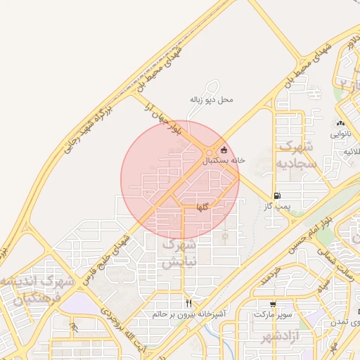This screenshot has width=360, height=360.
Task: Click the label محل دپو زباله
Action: tap(211, 100)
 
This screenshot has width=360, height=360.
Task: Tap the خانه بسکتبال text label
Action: tap(224, 160)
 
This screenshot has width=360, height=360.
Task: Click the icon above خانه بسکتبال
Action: tap(224, 150)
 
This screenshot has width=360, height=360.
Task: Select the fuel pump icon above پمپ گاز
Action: tap(277, 196)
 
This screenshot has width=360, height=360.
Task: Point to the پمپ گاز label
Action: tap(277, 207)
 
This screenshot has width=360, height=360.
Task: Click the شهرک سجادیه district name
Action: tap(299, 155)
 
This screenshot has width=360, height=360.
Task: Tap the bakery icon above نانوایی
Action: tap(340, 122)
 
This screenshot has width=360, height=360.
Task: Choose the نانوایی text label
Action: tap(340, 132)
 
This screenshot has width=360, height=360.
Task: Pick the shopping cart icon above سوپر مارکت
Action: tap(273, 304)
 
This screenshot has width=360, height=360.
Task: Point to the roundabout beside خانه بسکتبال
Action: tap(210, 154)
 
